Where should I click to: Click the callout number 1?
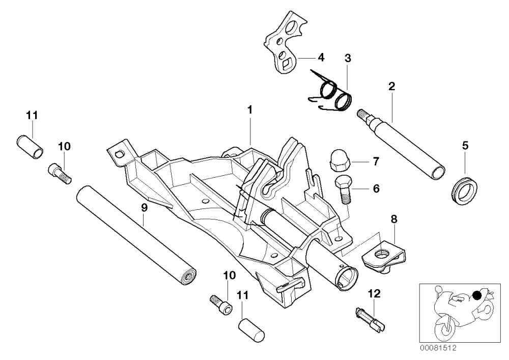click(x=249, y=110)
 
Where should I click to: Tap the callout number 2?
click(x=392, y=87)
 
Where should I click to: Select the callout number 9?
click(x=144, y=208)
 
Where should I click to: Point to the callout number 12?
click(x=374, y=294)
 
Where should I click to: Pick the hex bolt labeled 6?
click(x=343, y=189)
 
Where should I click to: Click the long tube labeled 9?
click(x=136, y=235)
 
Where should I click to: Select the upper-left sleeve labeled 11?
click(x=30, y=147)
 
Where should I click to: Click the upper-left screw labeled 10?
click(x=60, y=174)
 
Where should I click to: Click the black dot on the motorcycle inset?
click(x=476, y=295)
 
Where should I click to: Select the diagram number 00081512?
click(x=438, y=348)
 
